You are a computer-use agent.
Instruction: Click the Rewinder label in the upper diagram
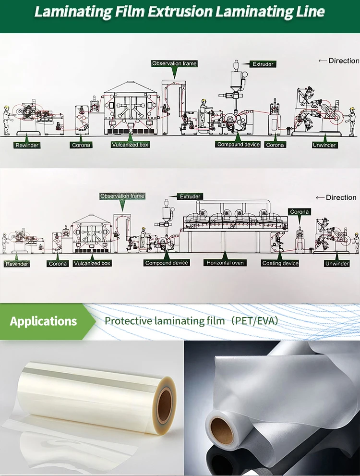pyautogui.click(x=27, y=145)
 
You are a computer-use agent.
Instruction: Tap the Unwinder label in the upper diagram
pyautogui.click(x=324, y=145)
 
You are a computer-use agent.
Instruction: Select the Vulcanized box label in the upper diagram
pyautogui.click(x=130, y=145)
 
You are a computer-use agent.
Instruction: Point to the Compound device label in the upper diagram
pyautogui.click(x=239, y=145)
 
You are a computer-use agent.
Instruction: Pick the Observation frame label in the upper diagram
pyautogui.click(x=174, y=63)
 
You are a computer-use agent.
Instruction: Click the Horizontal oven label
pyautogui.click(x=225, y=263)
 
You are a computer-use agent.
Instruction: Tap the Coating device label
pyautogui.click(x=281, y=263)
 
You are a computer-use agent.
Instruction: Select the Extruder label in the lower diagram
pyautogui.click(x=191, y=196)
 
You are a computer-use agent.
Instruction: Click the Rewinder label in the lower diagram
pyautogui.click(x=17, y=264)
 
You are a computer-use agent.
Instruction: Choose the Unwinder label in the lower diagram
pyautogui.click(x=337, y=263)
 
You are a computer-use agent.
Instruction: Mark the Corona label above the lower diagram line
pyautogui.click(x=300, y=212)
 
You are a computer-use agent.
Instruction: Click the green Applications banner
pyautogui.click(x=44, y=321)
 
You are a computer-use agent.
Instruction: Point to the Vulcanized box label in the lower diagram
pyautogui.click(x=92, y=263)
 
